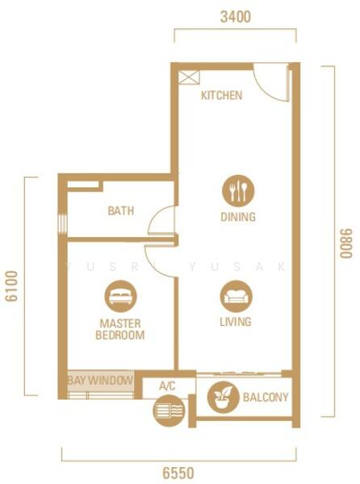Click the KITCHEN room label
[221, 95]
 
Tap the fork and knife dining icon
[238, 190]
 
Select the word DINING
[238, 217]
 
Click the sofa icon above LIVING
[236, 296]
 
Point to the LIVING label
[236, 322]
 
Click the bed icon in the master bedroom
[120, 296]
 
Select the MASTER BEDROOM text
[119, 329]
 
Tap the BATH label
[121, 211]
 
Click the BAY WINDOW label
[100, 381]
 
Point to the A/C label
[167, 386]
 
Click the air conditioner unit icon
[169, 411]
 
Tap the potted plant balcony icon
[223, 397]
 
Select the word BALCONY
[266, 397]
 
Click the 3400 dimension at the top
[235, 17]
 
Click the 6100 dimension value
[12, 286]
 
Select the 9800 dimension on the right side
[345, 244]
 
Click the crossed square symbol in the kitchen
[189, 77]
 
